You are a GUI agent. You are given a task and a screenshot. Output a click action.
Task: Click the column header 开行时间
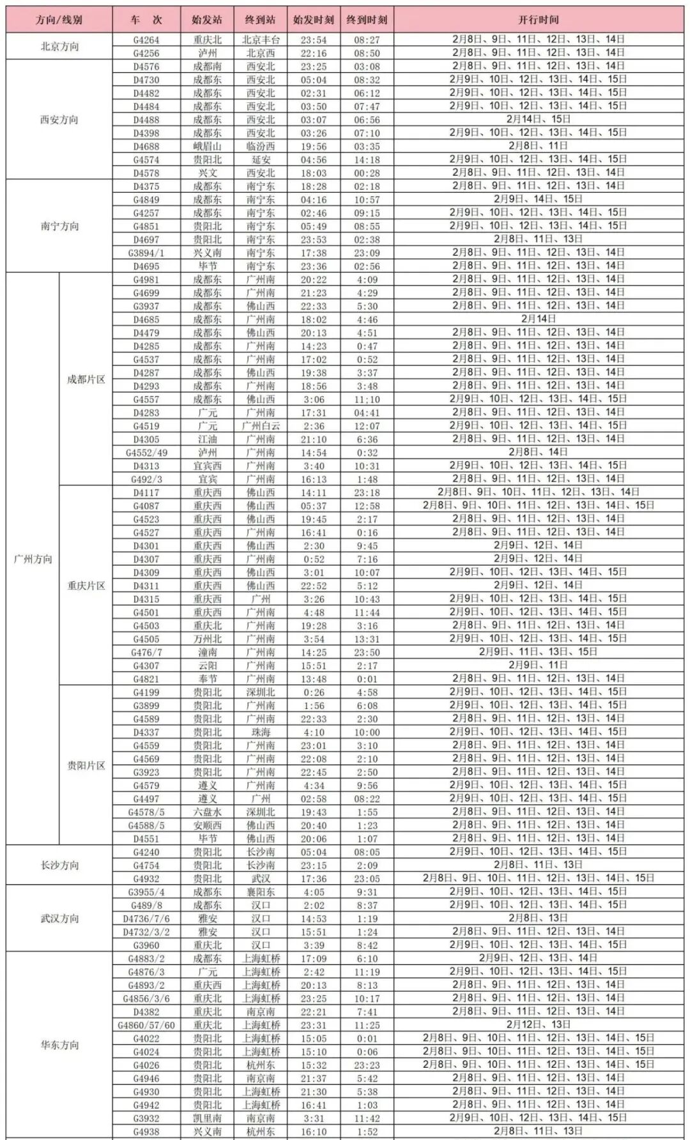538,20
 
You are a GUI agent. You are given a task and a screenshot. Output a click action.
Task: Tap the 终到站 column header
261,20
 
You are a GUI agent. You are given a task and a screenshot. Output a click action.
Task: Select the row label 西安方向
59,119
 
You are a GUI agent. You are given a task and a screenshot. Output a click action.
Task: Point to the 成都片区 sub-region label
86,379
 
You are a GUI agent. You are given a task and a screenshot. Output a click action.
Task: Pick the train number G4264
146,40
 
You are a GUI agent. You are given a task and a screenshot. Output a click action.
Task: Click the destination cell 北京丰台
261,40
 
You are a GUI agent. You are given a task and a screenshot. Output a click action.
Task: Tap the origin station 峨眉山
207,146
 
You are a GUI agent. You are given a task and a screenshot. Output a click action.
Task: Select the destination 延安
261,160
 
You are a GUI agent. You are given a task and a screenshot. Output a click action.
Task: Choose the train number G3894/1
146,253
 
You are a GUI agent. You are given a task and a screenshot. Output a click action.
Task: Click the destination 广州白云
261,426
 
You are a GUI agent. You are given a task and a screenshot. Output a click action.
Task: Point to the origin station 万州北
207,639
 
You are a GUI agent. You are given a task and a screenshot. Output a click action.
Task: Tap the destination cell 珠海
261,733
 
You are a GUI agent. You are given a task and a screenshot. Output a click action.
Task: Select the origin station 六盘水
207,812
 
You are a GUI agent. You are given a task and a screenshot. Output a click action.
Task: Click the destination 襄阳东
261,892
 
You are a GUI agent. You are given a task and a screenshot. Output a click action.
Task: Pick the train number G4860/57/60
146,1025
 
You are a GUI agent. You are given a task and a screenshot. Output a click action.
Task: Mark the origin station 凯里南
207,1118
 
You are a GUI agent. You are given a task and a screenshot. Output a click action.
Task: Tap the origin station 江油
207,439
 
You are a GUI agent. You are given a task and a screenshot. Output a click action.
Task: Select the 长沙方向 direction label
59,865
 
